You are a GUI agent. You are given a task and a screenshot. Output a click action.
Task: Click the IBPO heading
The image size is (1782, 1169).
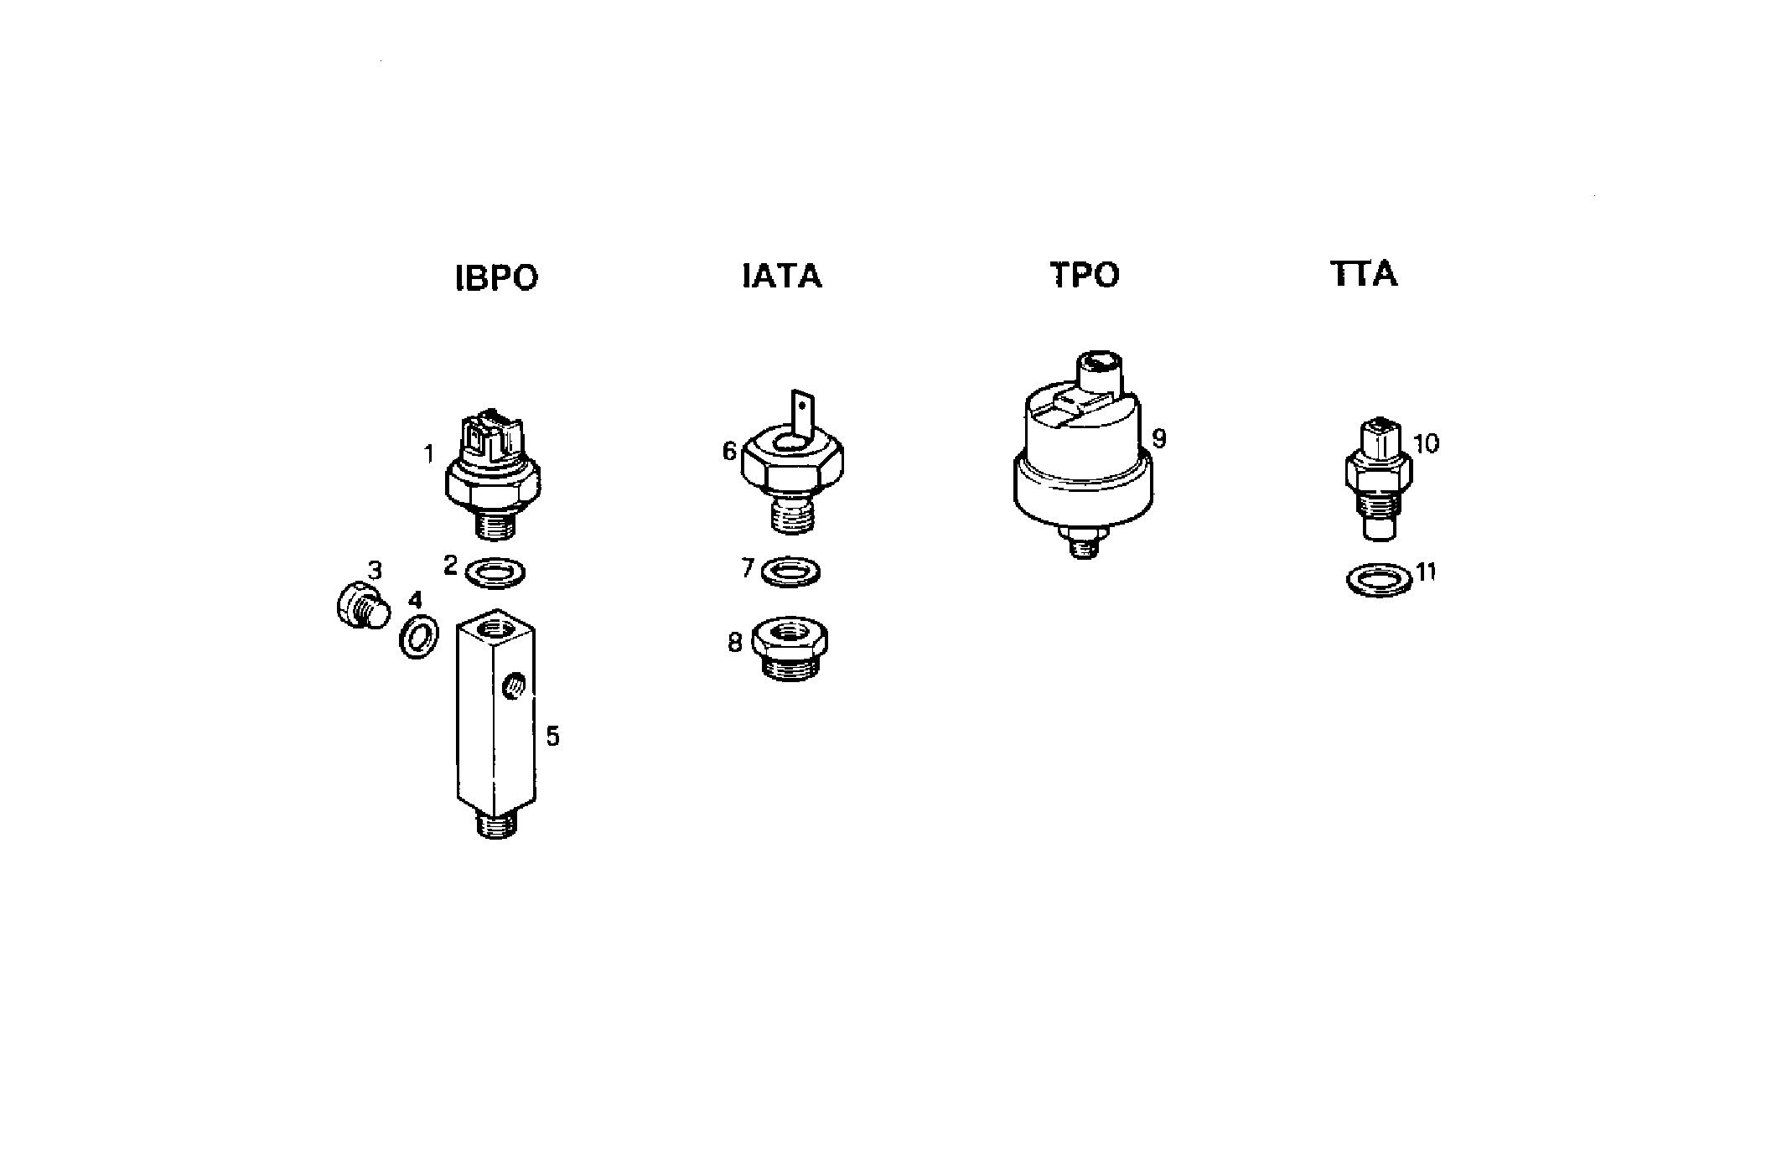point(496,277)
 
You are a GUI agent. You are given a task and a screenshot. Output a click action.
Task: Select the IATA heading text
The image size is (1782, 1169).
point(782,276)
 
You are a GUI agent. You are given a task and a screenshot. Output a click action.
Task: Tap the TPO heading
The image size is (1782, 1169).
point(1085,275)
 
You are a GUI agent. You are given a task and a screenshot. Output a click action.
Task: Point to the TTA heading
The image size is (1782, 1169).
point(1364,274)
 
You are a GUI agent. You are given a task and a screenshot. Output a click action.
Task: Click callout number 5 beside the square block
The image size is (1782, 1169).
point(552,736)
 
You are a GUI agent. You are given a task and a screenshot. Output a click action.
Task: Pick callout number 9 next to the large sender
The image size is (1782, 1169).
point(1159,438)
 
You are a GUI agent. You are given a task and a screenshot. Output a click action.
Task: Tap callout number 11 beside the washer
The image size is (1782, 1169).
point(1426,572)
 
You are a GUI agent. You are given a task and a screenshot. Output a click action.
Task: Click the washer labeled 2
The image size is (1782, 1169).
point(495,572)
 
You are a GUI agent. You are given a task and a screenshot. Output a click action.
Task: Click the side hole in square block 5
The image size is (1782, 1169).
point(512,689)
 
